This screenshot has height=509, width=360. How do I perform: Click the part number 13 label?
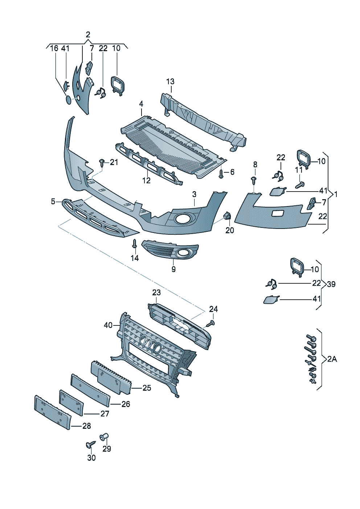170,82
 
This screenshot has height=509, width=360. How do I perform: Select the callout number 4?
141,104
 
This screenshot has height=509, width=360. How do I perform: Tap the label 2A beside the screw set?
332,359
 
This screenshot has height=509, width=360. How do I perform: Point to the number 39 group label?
331,284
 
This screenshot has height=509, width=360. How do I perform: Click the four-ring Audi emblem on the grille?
150,344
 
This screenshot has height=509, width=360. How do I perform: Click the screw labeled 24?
210,323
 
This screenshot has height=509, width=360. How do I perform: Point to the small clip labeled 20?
228,216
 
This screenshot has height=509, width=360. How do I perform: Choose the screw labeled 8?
254,180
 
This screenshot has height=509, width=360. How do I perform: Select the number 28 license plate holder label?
86,426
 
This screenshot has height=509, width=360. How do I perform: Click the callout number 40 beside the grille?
108,325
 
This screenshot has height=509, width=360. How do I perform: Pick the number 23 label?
156,292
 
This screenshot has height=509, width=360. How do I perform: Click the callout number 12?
146,180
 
